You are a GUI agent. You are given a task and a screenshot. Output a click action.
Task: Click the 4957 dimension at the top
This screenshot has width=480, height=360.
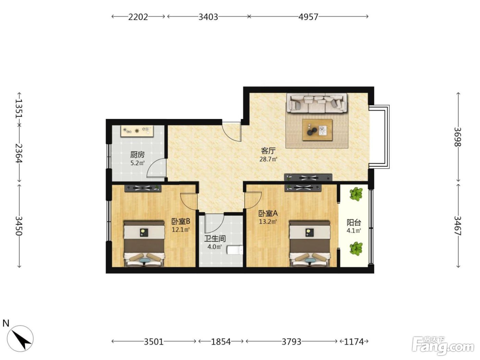(x=308, y=17)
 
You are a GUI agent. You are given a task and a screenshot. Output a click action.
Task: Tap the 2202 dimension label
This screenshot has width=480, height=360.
(x=138, y=17)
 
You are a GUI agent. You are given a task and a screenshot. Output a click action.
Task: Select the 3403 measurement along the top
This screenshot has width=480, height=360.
(x=208, y=17)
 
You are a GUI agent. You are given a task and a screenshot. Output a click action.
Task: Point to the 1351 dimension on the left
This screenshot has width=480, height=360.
(x=19, y=109)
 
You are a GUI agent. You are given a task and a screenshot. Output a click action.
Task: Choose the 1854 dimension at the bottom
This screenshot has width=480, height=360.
(x=221, y=341)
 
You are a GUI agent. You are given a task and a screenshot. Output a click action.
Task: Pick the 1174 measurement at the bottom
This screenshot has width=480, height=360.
(x=354, y=341)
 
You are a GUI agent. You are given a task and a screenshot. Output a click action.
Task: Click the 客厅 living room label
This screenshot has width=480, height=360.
(x=268, y=151)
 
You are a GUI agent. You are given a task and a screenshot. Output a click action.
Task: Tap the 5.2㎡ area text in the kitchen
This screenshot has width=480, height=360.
(x=137, y=163)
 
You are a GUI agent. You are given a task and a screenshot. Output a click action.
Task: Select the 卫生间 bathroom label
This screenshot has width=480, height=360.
(x=215, y=239)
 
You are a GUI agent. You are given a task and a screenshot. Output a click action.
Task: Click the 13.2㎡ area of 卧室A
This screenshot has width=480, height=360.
(x=268, y=221)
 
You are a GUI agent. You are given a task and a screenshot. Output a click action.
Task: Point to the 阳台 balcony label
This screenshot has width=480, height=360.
(x=353, y=223)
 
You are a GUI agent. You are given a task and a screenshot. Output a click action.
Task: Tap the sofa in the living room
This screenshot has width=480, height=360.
(x=317, y=103)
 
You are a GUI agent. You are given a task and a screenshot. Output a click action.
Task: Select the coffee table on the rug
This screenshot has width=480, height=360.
(x=317, y=130)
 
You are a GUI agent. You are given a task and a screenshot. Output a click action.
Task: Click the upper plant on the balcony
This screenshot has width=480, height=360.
(x=356, y=194)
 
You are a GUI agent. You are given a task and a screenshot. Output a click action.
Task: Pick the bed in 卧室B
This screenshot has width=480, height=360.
(x=144, y=243)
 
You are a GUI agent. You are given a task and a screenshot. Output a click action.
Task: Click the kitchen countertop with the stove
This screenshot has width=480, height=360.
(x=137, y=131)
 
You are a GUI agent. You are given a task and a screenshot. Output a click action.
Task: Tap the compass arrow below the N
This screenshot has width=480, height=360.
(x=20, y=338)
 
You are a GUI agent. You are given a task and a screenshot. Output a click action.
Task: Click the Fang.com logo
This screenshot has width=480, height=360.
(x=443, y=347)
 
